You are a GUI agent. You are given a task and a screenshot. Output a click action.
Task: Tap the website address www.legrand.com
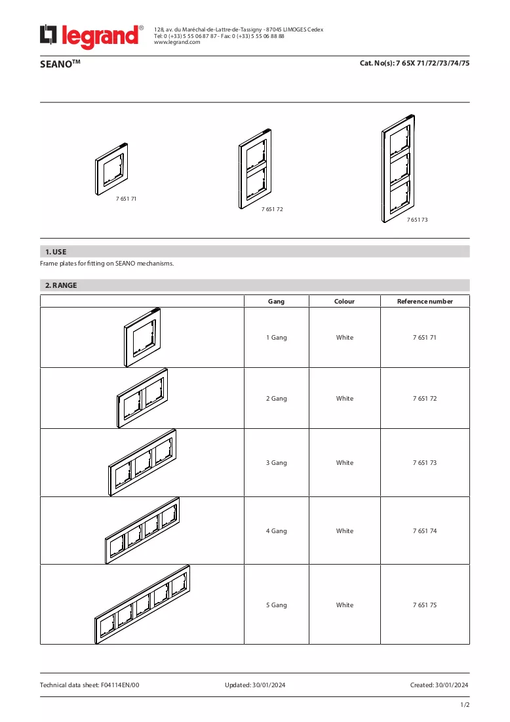pos(177,43)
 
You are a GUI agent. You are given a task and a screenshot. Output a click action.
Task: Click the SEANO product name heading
pos(60,64)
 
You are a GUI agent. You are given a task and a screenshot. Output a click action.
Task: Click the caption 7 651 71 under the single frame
pos(126,199)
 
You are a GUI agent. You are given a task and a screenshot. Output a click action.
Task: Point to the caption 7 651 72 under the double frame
pos(272,209)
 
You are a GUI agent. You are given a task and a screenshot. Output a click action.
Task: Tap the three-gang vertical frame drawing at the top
pos(398,169)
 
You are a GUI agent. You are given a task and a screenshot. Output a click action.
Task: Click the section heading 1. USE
pos(56,252)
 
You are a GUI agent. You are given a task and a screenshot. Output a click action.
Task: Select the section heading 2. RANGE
pos(61,285)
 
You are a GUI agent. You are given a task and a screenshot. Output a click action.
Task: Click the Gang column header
pos(276,302)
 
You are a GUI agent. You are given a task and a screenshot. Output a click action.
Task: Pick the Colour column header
pos(344,302)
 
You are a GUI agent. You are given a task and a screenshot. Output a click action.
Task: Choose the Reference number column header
pos(425,302)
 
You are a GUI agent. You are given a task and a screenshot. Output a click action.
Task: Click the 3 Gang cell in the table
pos(276,463)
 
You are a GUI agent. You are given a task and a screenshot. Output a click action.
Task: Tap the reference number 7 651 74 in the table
pos(425,531)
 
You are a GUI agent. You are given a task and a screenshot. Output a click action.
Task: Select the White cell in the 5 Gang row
pos(345,605)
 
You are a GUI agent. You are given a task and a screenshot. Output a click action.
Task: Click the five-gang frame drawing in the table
pos(142,604)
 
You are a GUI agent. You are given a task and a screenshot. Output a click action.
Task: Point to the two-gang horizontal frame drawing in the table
pos(142,398)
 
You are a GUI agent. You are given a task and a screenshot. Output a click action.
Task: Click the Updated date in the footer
pos(255,685)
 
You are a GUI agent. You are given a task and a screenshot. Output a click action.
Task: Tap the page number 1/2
pos(465,705)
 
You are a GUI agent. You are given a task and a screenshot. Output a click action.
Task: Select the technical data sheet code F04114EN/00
pos(120,685)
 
